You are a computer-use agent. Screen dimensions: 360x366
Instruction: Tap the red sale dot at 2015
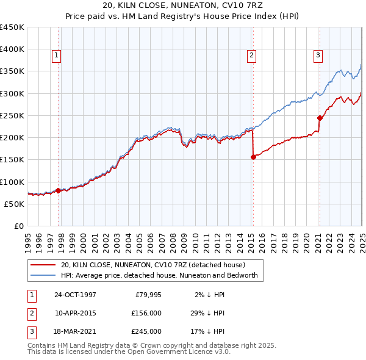tap(253, 157)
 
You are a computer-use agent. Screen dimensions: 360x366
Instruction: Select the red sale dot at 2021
tap(320, 118)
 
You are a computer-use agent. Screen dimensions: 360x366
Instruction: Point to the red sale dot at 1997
tap(59, 190)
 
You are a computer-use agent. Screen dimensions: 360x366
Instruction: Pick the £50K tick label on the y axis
tap(15, 204)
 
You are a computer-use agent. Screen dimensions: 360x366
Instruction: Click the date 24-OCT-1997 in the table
tap(76, 295)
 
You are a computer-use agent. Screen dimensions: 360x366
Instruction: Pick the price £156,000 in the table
tap(148, 313)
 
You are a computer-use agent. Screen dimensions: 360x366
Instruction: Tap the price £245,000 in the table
tap(148, 331)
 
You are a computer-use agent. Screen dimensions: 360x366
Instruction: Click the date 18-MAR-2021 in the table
tap(76, 331)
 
